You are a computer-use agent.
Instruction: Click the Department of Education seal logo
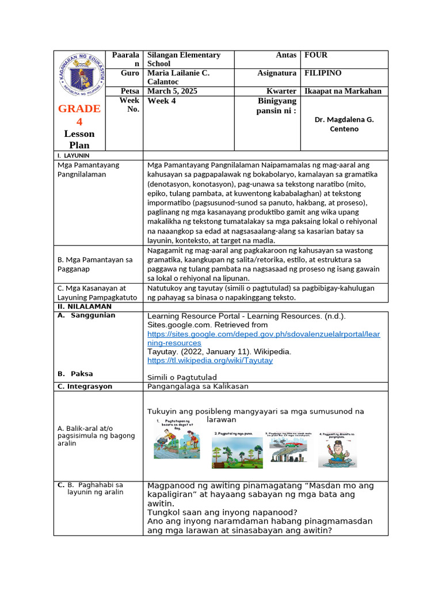[x=81, y=77]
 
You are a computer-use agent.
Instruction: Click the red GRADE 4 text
[x=80, y=115]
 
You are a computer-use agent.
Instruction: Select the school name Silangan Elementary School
[x=184, y=59]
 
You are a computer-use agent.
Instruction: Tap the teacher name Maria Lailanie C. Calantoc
[x=179, y=78]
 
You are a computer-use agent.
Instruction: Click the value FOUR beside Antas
[x=316, y=55]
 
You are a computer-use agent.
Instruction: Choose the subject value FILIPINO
[x=323, y=73]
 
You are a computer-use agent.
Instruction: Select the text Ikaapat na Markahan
[x=342, y=91]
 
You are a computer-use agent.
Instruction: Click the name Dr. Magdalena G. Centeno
[x=344, y=124]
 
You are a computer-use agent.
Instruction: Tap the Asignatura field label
[x=277, y=73]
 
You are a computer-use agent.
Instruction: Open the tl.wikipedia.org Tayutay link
[x=210, y=361]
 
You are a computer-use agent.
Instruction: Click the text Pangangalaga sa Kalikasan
[x=198, y=386]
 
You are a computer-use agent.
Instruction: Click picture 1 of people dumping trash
[x=177, y=442]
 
